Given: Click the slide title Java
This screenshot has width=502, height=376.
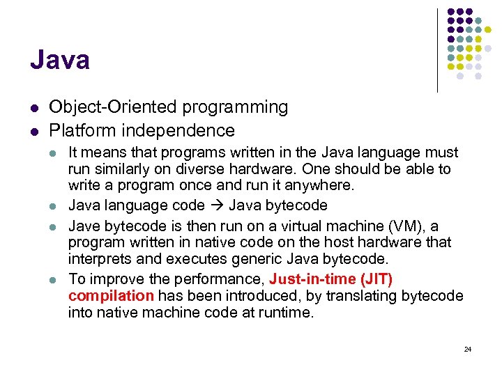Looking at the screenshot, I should click(x=60, y=61).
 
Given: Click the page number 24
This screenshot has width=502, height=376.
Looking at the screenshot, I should click(x=467, y=349).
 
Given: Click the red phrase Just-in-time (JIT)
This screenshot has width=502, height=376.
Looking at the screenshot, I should click(x=330, y=280).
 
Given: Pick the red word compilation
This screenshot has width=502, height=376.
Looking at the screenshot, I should click(x=111, y=296).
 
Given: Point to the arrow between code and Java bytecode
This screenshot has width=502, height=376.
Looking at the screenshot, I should click(x=218, y=206).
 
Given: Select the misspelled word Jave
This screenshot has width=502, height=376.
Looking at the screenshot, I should click(x=83, y=226).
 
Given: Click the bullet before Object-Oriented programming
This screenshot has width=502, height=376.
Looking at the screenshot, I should click(x=34, y=108).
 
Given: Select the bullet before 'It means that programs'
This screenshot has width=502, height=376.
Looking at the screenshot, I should click(x=55, y=152).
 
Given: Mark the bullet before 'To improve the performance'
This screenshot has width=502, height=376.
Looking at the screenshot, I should click(x=55, y=280).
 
